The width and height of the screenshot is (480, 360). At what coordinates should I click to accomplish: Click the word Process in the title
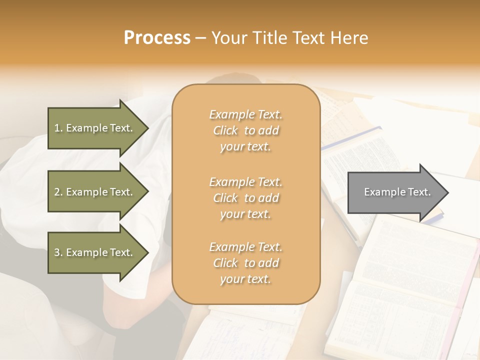(157, 38)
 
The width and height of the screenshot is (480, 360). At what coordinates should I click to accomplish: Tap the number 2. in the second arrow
(58, 192)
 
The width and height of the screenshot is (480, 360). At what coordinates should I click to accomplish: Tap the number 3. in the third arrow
(58, 252)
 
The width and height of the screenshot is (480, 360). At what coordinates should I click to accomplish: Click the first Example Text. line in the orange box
(245, 114)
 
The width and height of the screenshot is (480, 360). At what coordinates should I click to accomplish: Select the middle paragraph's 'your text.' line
(245, 214)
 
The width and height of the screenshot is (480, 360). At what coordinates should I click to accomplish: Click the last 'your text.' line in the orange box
(245, 279)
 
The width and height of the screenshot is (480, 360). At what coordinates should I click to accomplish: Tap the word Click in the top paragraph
(225, 130)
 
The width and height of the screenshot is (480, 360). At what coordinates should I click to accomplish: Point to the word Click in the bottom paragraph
(225, 263)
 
